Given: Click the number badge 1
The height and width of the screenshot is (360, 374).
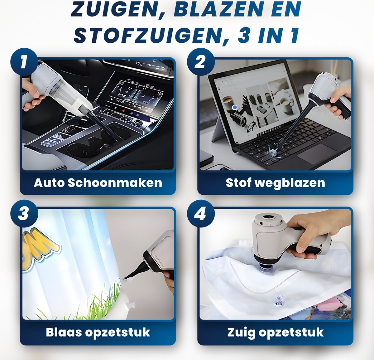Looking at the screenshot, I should pos(24,62).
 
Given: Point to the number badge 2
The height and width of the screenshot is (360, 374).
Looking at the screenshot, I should pos(200,62).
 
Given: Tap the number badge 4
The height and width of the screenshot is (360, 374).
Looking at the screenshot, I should pos(200,214).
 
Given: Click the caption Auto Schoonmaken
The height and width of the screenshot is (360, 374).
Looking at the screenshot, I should pos(98,183).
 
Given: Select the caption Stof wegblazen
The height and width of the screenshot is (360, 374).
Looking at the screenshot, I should pos(275,183).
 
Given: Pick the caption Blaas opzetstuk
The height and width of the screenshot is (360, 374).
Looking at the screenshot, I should pos(98,332).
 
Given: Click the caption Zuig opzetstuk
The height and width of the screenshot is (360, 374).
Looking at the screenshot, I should pos(275,332).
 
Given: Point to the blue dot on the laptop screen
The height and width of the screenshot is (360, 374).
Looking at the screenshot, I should pos(235,107).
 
